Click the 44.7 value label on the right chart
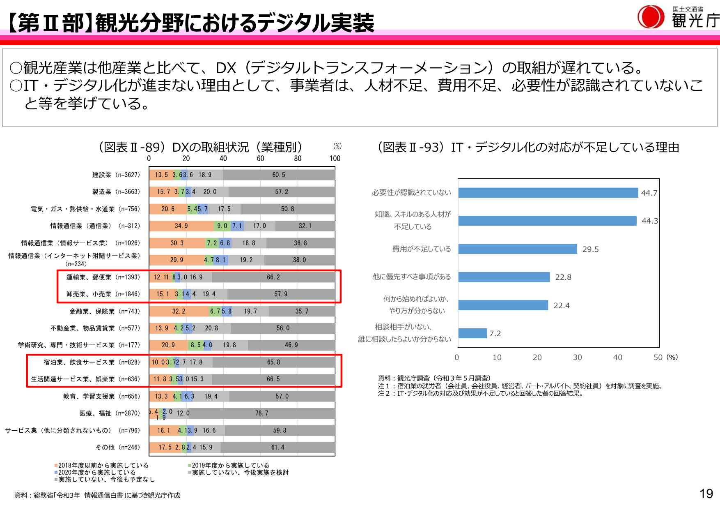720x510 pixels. [x=649, y=193]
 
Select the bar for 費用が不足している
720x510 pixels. [x=518, y=249]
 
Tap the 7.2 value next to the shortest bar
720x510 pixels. [x=495, y=333]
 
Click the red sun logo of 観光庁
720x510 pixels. [x=651, y=17]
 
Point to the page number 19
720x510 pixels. [x=706, y=494]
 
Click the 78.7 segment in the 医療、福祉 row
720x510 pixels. [x=261, y=413]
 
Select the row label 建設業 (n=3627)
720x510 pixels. [x=116, y=175]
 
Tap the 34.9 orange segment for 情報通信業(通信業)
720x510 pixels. [x=181, y=226]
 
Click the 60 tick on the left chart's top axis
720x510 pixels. [x=260, y=159]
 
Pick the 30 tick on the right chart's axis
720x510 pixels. [x=577, y=357]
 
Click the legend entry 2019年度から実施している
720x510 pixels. [x=230, y=465]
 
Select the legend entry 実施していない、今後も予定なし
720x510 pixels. [x=106, y=479]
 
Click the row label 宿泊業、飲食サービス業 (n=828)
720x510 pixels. [x=92, y=362]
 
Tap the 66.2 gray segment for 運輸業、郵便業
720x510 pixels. [x=273, y=277]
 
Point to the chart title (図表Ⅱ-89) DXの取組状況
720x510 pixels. [x=200, y=147]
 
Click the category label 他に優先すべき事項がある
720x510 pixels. [x=411, y=277]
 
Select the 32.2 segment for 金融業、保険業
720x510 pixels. [x=179, y=312]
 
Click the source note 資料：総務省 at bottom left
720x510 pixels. [x=97, y=495]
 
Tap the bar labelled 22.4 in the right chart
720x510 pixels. [x=503, y=305]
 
